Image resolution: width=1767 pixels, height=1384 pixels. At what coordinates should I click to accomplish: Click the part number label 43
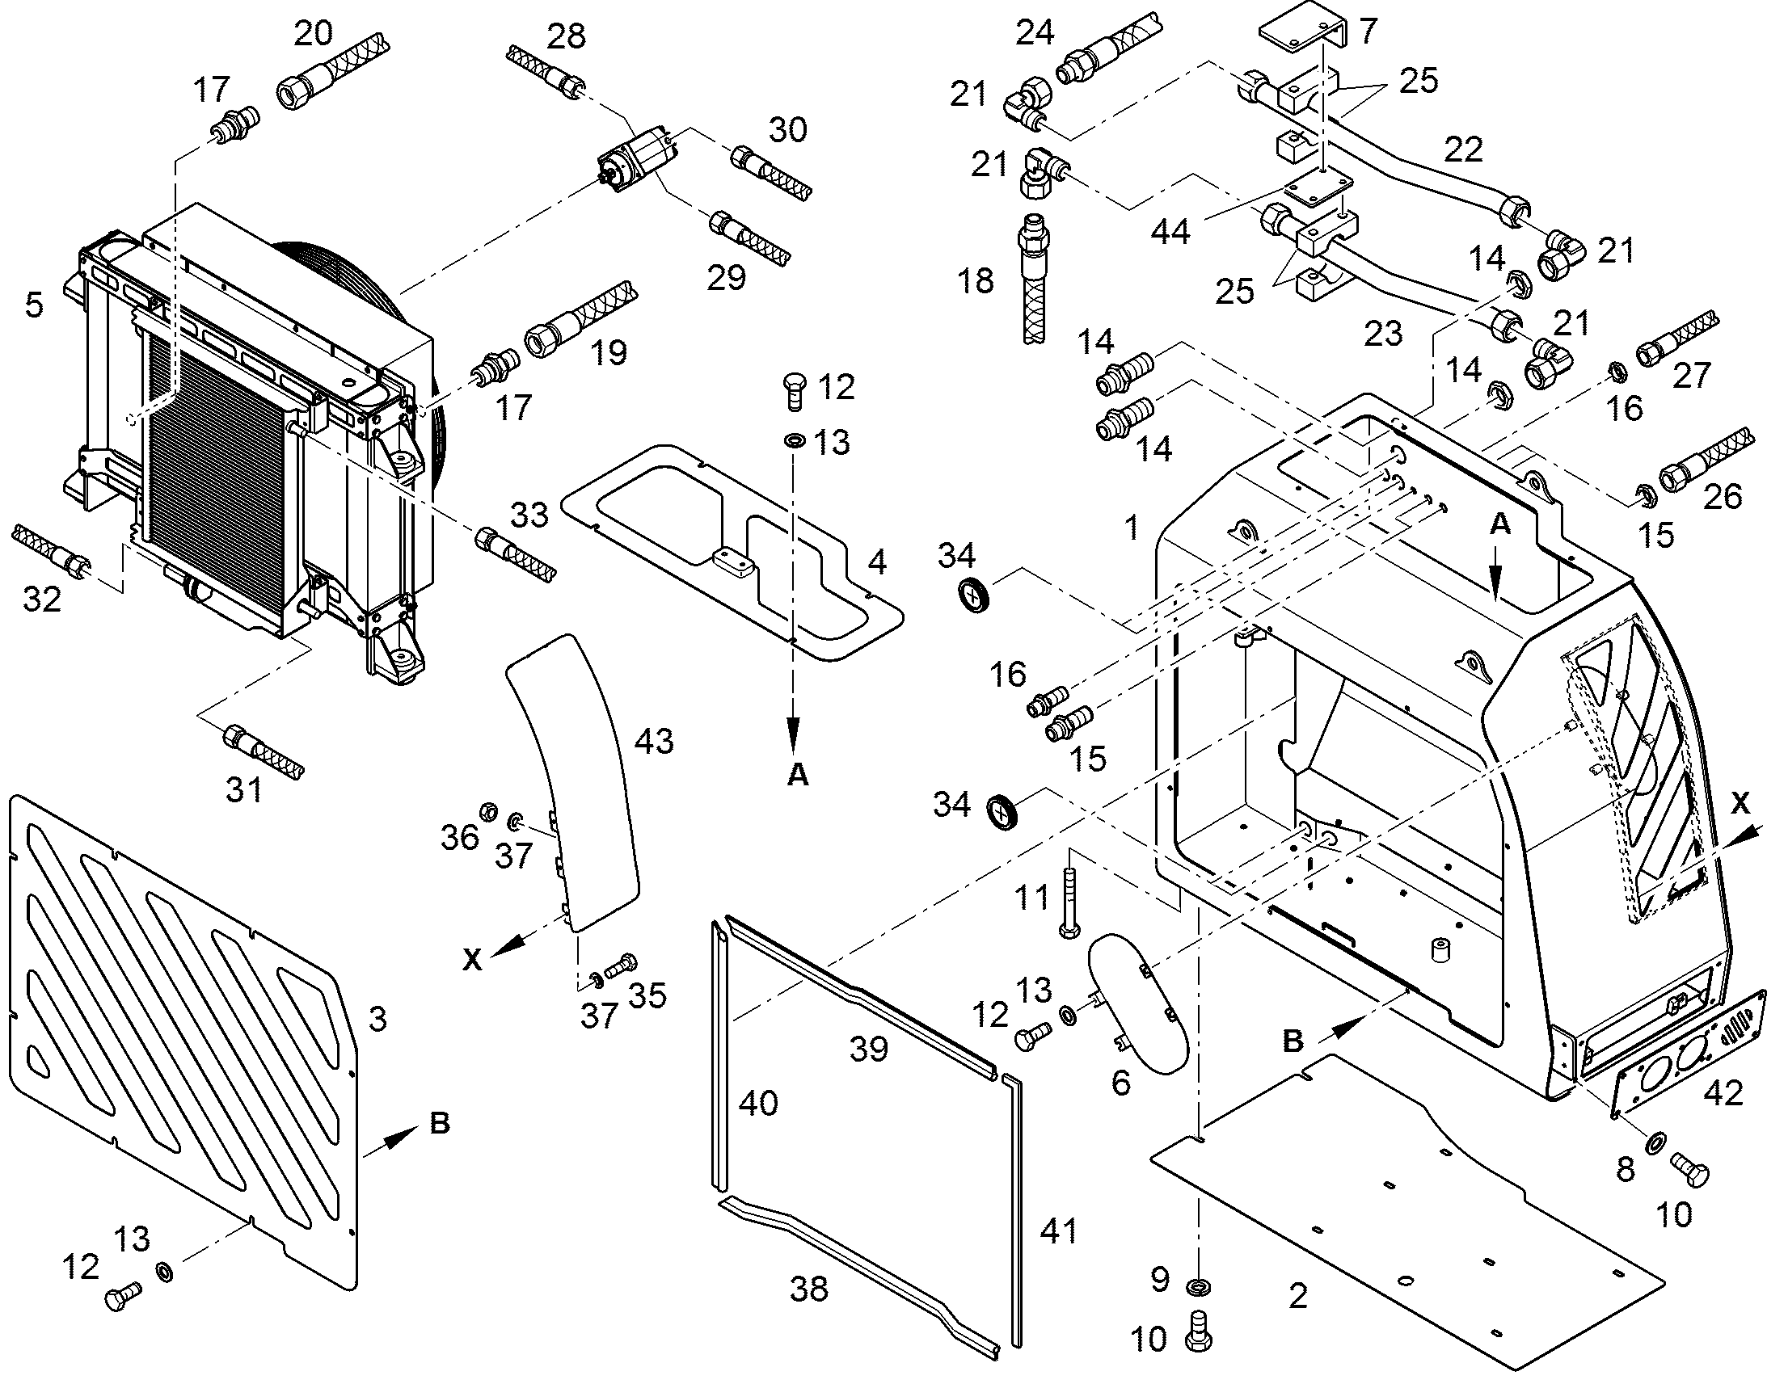pyautogui.click(x=654, y=742)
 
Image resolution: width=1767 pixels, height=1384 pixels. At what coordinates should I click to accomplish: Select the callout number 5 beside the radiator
pyautogui.click(x=33, y=305)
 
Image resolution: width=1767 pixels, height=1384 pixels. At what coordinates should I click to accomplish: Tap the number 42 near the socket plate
pyautogui.click(x=1723, y=1093)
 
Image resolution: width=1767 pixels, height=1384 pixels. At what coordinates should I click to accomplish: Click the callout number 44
pyautogui.click(x=1170, y=233)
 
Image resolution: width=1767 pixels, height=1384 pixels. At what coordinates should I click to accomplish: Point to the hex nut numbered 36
pyautogui.click(x=488, y=810)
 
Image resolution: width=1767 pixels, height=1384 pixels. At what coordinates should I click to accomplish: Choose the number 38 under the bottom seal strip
pyautogui.click(x=809, y=1289)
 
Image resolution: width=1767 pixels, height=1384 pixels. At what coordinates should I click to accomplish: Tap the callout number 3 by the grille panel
pyautogui.click(x=377, y=1019)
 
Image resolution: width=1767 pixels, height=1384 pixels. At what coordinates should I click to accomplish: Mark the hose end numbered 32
pyautogui.click(x=53, y=549)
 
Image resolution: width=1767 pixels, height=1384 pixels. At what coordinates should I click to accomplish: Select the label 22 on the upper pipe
pyautogui.click(x=1463, y=149)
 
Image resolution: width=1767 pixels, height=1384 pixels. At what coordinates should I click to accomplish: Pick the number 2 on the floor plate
pyautogui.click(x=1297, y=1297)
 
